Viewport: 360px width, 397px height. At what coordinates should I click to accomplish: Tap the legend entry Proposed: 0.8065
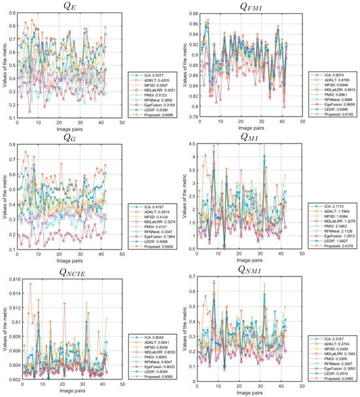(x=154, y=377)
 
